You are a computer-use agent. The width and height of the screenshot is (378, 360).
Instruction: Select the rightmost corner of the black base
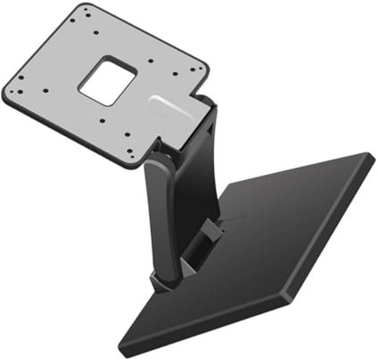374,160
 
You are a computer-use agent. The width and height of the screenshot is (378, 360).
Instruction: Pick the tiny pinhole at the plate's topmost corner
86,12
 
